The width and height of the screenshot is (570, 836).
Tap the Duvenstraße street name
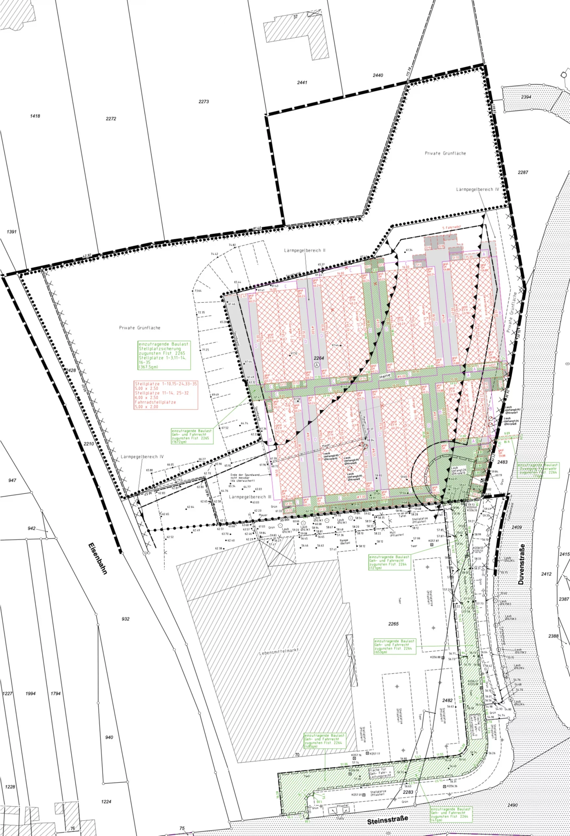(522, 564)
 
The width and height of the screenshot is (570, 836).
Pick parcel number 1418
(35, 116)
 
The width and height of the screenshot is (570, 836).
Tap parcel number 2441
(302, 82)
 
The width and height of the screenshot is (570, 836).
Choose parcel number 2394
(526, 97)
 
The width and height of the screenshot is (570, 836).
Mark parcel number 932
(125, 619)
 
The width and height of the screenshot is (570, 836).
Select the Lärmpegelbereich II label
(305, 250)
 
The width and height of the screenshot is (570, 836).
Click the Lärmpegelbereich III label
(250, 497)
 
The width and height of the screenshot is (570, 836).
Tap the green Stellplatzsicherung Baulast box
(164, 355)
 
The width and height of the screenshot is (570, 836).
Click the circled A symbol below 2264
(317, 364)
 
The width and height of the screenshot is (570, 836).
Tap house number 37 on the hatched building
(296, 17)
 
